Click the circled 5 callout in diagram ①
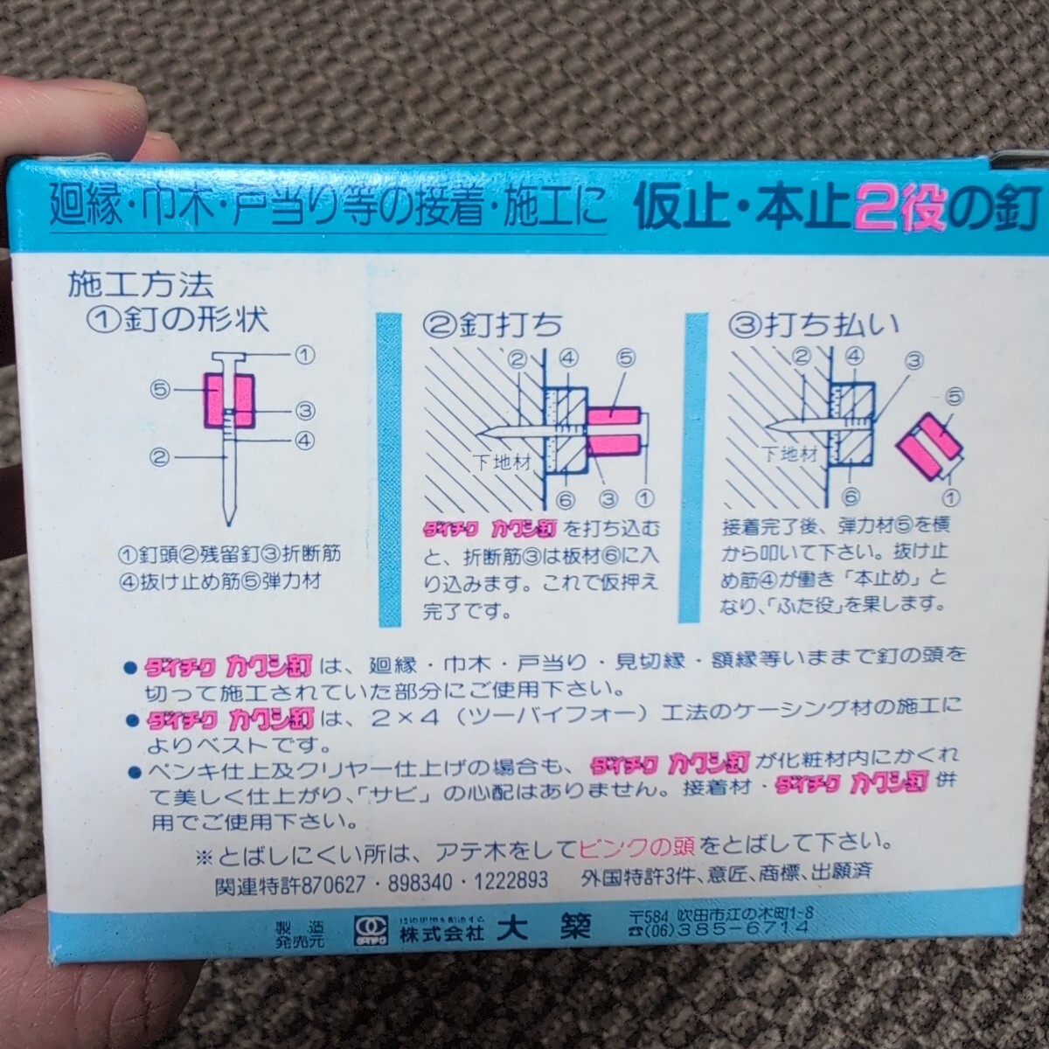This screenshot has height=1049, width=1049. pyautogui.click(x=158, y=391)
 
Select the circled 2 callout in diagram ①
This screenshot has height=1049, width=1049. pyautogui.click(x=158, y=455)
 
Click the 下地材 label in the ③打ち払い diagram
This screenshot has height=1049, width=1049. pyautogui.click(x=788, y=454)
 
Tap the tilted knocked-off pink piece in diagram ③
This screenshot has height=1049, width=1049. pyautogui.click(x=930, y=447)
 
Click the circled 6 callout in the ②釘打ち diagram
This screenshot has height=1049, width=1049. pyautogui.click(x=564, y=499)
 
